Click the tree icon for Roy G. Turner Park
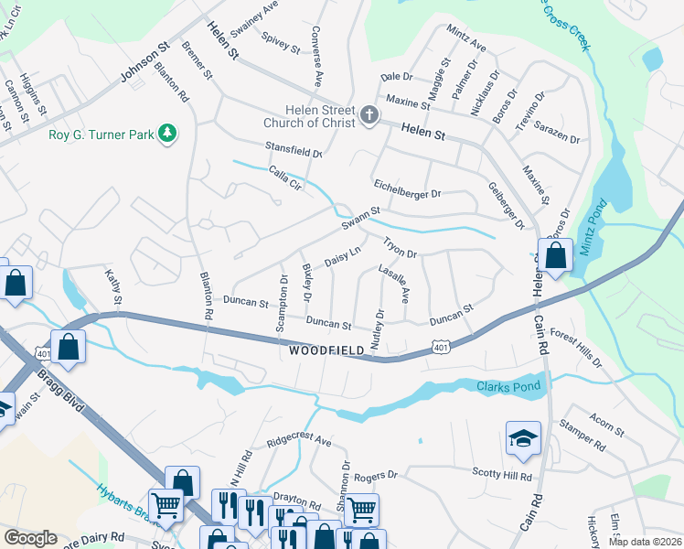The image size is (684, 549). (x=166, y=135)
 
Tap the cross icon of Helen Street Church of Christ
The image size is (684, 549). (x=369, y=114)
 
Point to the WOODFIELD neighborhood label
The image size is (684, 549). (x=325, y=350)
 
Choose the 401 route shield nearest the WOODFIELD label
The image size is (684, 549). (x=441, y=347)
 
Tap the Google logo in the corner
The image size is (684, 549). (x=30, y=538)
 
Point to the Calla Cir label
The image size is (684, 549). (x=284, y=178)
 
